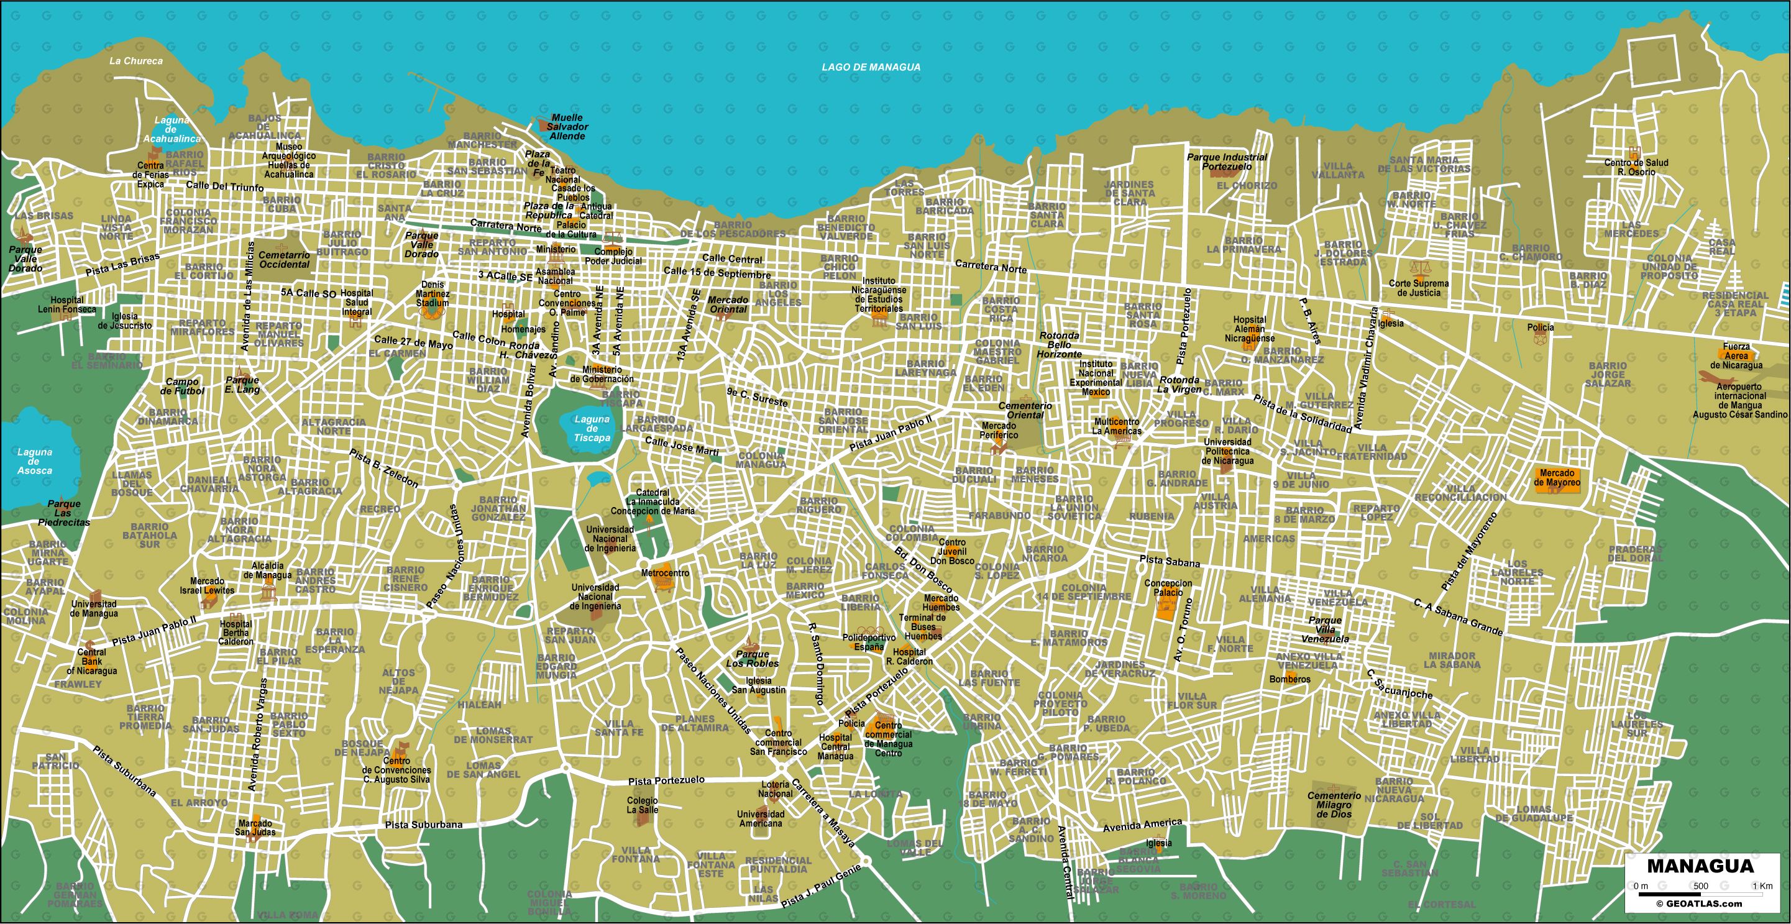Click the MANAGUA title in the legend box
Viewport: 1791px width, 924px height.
(x=1700, y=866)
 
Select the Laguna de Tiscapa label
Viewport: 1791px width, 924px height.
(x=592, y=428)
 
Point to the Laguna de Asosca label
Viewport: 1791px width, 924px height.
(x=34, y=461)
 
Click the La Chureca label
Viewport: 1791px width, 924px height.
(x=135, y=61)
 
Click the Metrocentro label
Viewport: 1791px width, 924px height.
(x=665, y=573)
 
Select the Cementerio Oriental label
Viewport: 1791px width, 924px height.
(x=1025, y=410)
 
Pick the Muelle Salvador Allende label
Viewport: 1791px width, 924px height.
(x=567, y=127)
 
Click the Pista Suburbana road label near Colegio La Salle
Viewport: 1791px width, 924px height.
(x=423, y=825)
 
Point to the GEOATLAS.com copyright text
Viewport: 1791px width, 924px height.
(x=1698, y=904)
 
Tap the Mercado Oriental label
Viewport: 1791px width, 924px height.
(x=728, y=304)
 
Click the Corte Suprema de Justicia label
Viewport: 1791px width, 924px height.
(x=1418, y=288)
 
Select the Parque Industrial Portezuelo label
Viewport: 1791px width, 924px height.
(x=1227, y=162)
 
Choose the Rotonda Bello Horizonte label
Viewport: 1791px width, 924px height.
(x=1059, y=345)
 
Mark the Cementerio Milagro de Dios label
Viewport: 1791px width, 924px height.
(x=1334, y=805)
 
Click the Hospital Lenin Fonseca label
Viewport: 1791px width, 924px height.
(x=66, y=304)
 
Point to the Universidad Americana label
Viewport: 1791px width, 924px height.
(x=760, y=818)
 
